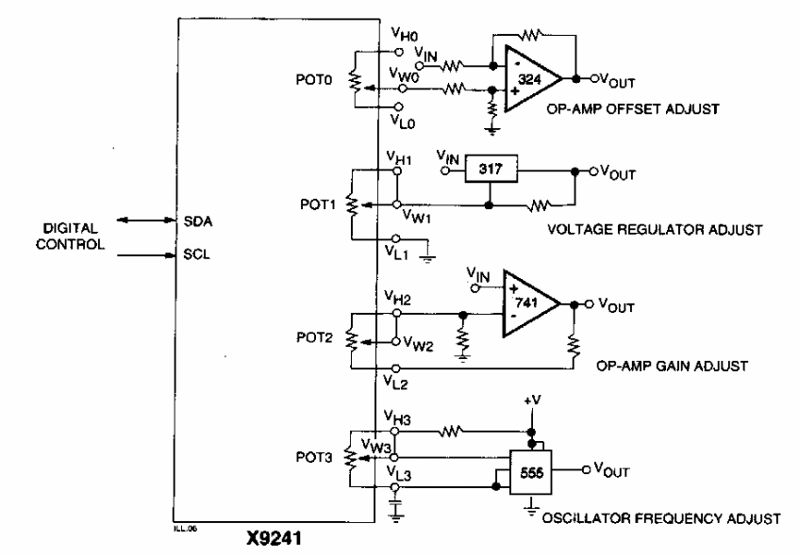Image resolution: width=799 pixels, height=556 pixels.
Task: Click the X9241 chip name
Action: tap(275, 543)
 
